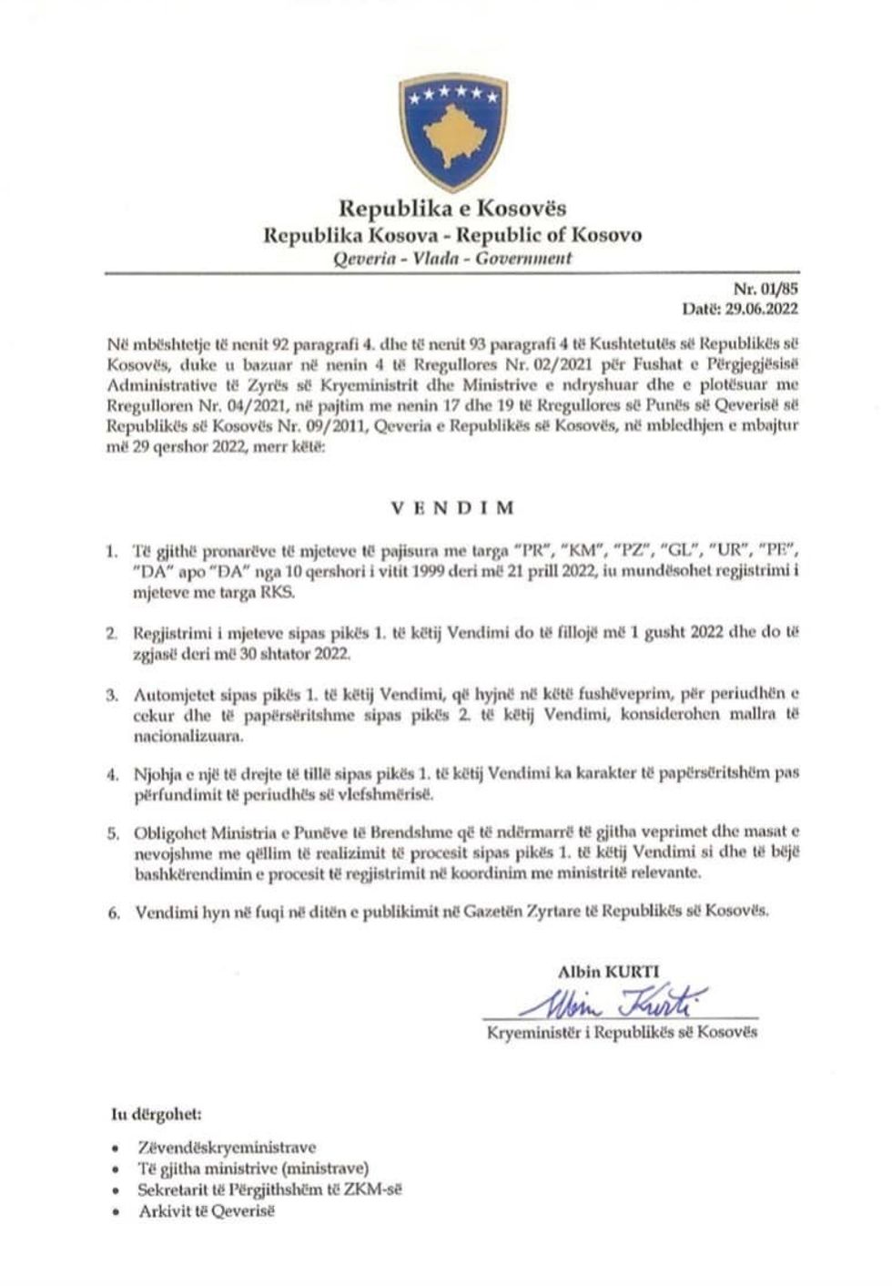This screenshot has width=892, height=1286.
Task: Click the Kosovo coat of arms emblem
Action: click(452, 133)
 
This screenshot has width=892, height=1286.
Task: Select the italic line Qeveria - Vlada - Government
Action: click(452, 258)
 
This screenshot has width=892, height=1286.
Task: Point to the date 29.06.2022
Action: click(761, 309)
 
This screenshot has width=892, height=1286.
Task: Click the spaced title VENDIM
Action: click(452, 507)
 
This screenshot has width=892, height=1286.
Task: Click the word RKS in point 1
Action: click(281, 591)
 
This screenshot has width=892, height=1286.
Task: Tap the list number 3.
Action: click(112, 694)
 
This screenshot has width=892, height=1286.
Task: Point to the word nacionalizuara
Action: click(180, 734)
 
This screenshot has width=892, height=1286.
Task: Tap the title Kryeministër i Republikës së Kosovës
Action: click(622, 1032)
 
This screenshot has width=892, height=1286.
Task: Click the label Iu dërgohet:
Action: click(157, 1114)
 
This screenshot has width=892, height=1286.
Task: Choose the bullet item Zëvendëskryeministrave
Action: click(227, 1148)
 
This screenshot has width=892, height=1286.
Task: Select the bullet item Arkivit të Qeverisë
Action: click(206, 1210)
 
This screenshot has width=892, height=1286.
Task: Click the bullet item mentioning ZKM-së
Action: click(269, 1189)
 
